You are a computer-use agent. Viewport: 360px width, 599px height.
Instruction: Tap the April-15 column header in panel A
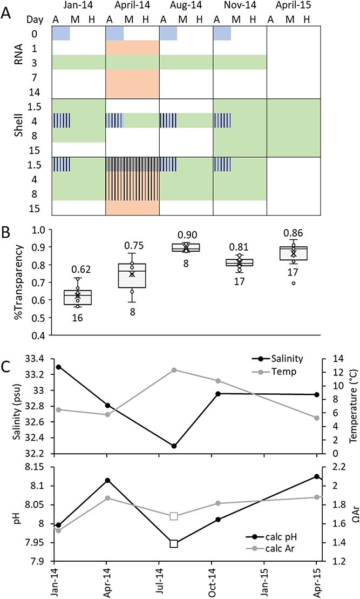[x=294, y=6]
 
